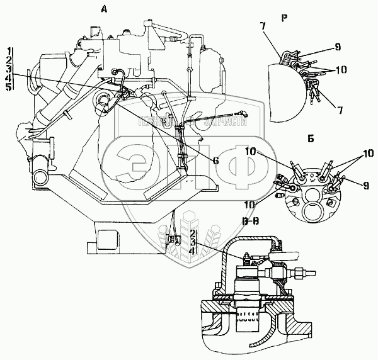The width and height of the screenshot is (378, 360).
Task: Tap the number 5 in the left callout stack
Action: [x=9, y=87]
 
